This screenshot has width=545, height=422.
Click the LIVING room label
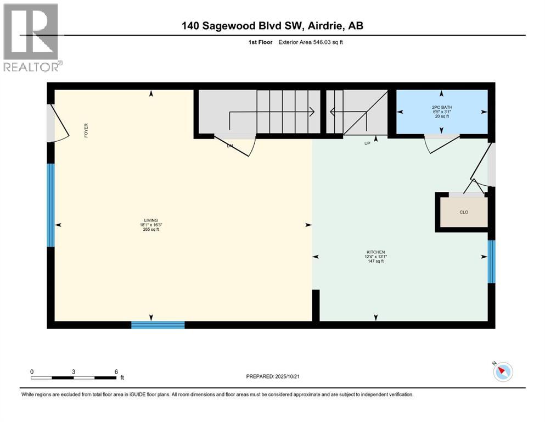click(151, 219)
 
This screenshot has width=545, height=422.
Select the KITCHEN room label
click(375, 252)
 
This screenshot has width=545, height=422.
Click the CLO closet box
click(464, 212)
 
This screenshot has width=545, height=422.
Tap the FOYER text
click(86, 130)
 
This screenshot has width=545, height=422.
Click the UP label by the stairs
click(368, 143)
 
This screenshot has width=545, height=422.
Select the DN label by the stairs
click(231, 146)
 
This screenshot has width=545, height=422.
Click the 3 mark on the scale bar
click(74, 371)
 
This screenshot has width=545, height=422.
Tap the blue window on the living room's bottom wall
click(158, 325)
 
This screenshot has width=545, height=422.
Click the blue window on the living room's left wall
click(51, 205)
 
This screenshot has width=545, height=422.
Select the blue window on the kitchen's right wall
click(492, 262)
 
